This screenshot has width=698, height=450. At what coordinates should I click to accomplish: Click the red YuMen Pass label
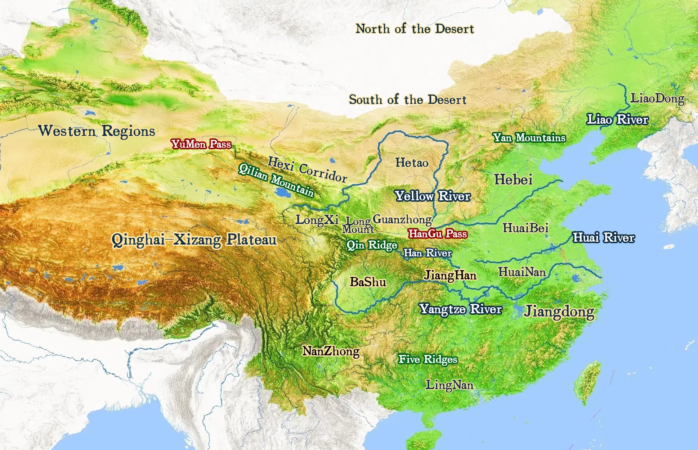201,144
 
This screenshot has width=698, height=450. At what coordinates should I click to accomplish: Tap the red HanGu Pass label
438,234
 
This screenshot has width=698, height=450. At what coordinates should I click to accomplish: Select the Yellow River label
433,196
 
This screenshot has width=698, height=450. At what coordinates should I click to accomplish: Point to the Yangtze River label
460,309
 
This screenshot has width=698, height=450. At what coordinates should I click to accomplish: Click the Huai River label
604,237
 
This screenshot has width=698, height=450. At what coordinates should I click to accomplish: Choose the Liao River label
617,119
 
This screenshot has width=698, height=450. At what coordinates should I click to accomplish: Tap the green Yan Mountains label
529,138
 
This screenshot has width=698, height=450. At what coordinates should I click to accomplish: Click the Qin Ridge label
372,245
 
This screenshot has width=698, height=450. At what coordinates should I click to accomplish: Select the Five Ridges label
428,359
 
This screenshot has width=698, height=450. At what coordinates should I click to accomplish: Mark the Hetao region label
412,163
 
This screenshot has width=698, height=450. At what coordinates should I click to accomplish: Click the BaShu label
368,282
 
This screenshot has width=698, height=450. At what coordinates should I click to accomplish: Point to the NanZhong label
331,351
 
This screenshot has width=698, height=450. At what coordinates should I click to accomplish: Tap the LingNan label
449,385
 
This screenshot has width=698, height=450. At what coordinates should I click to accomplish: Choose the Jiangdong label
559,312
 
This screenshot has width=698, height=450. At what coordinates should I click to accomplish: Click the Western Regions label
97,131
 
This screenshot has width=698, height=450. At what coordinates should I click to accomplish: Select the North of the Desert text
415,29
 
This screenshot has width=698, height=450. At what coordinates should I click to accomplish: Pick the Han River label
428,253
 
